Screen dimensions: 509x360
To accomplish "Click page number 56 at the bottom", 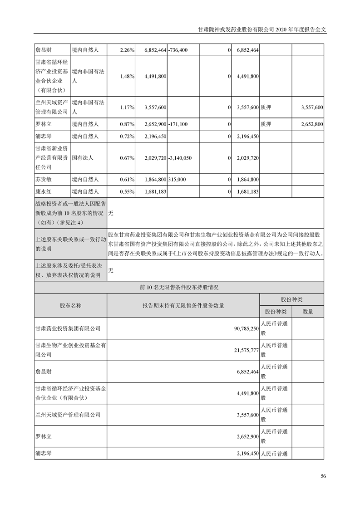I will pyautogui.click(x=323, y=476).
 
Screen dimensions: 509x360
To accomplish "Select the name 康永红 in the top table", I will pyautogui.click(x=44, y=191).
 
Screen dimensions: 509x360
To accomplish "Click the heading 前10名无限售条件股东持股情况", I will pyautogui.click(x=179, y=287).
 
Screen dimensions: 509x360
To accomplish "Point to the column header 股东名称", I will pyautogui.click(x=70, y=305).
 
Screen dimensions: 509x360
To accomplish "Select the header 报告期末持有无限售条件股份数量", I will pyautogui.click(x=183, y=305).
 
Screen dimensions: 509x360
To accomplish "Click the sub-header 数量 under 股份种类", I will pyautogui.click(x=308, y=312).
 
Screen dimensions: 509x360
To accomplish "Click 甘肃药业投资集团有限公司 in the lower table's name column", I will pyautogui.click(x=68, y=328).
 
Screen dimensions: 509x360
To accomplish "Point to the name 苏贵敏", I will pyautogui.click(x=44, y=180).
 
